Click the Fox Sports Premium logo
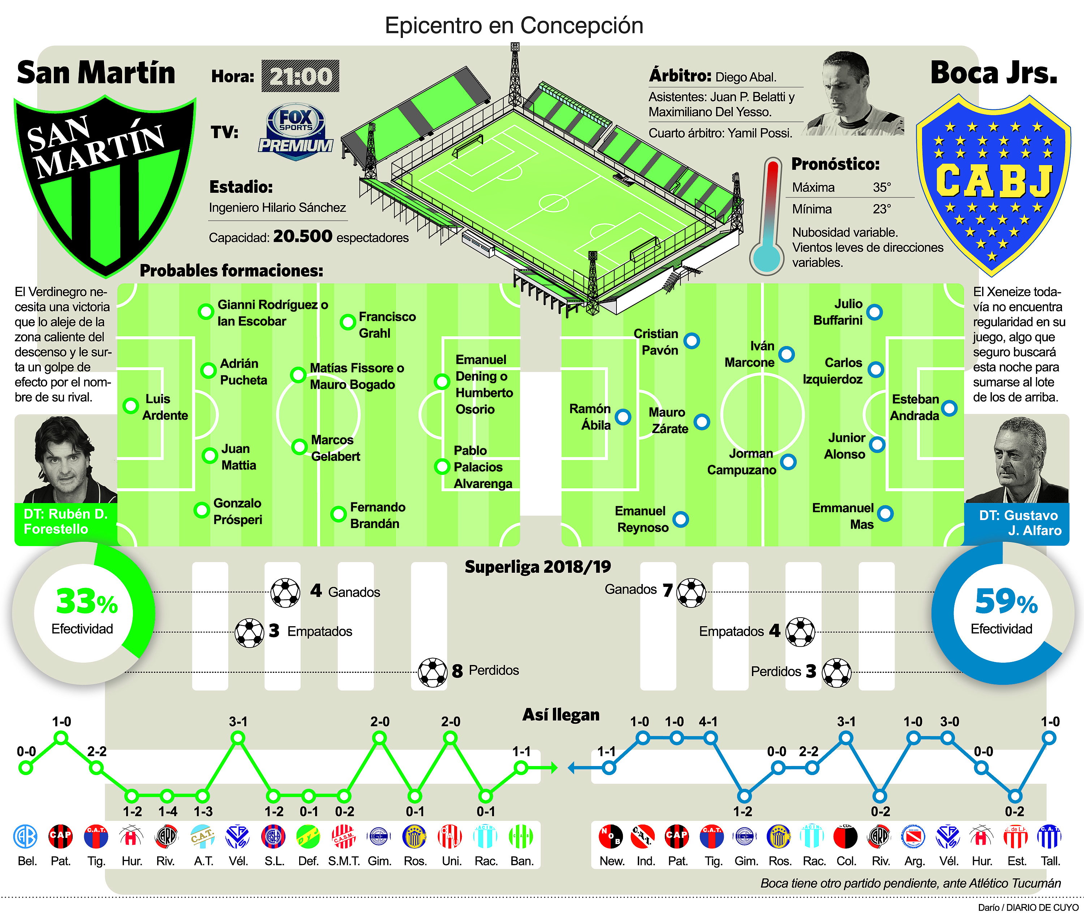tap(296, 131)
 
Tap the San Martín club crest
tap(104, 182)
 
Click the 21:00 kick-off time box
tap(300, 77)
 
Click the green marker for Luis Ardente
tap(130, 406)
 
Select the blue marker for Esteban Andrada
tap(949, 408)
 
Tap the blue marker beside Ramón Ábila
tap(623, 417)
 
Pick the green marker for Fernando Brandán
tap(338, 514)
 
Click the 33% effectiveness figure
tap(86, 602)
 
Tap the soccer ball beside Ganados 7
tap(691, 593)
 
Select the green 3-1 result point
tap(238, 738)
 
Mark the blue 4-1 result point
tap(710, 738)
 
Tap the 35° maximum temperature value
tap(882, 187)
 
